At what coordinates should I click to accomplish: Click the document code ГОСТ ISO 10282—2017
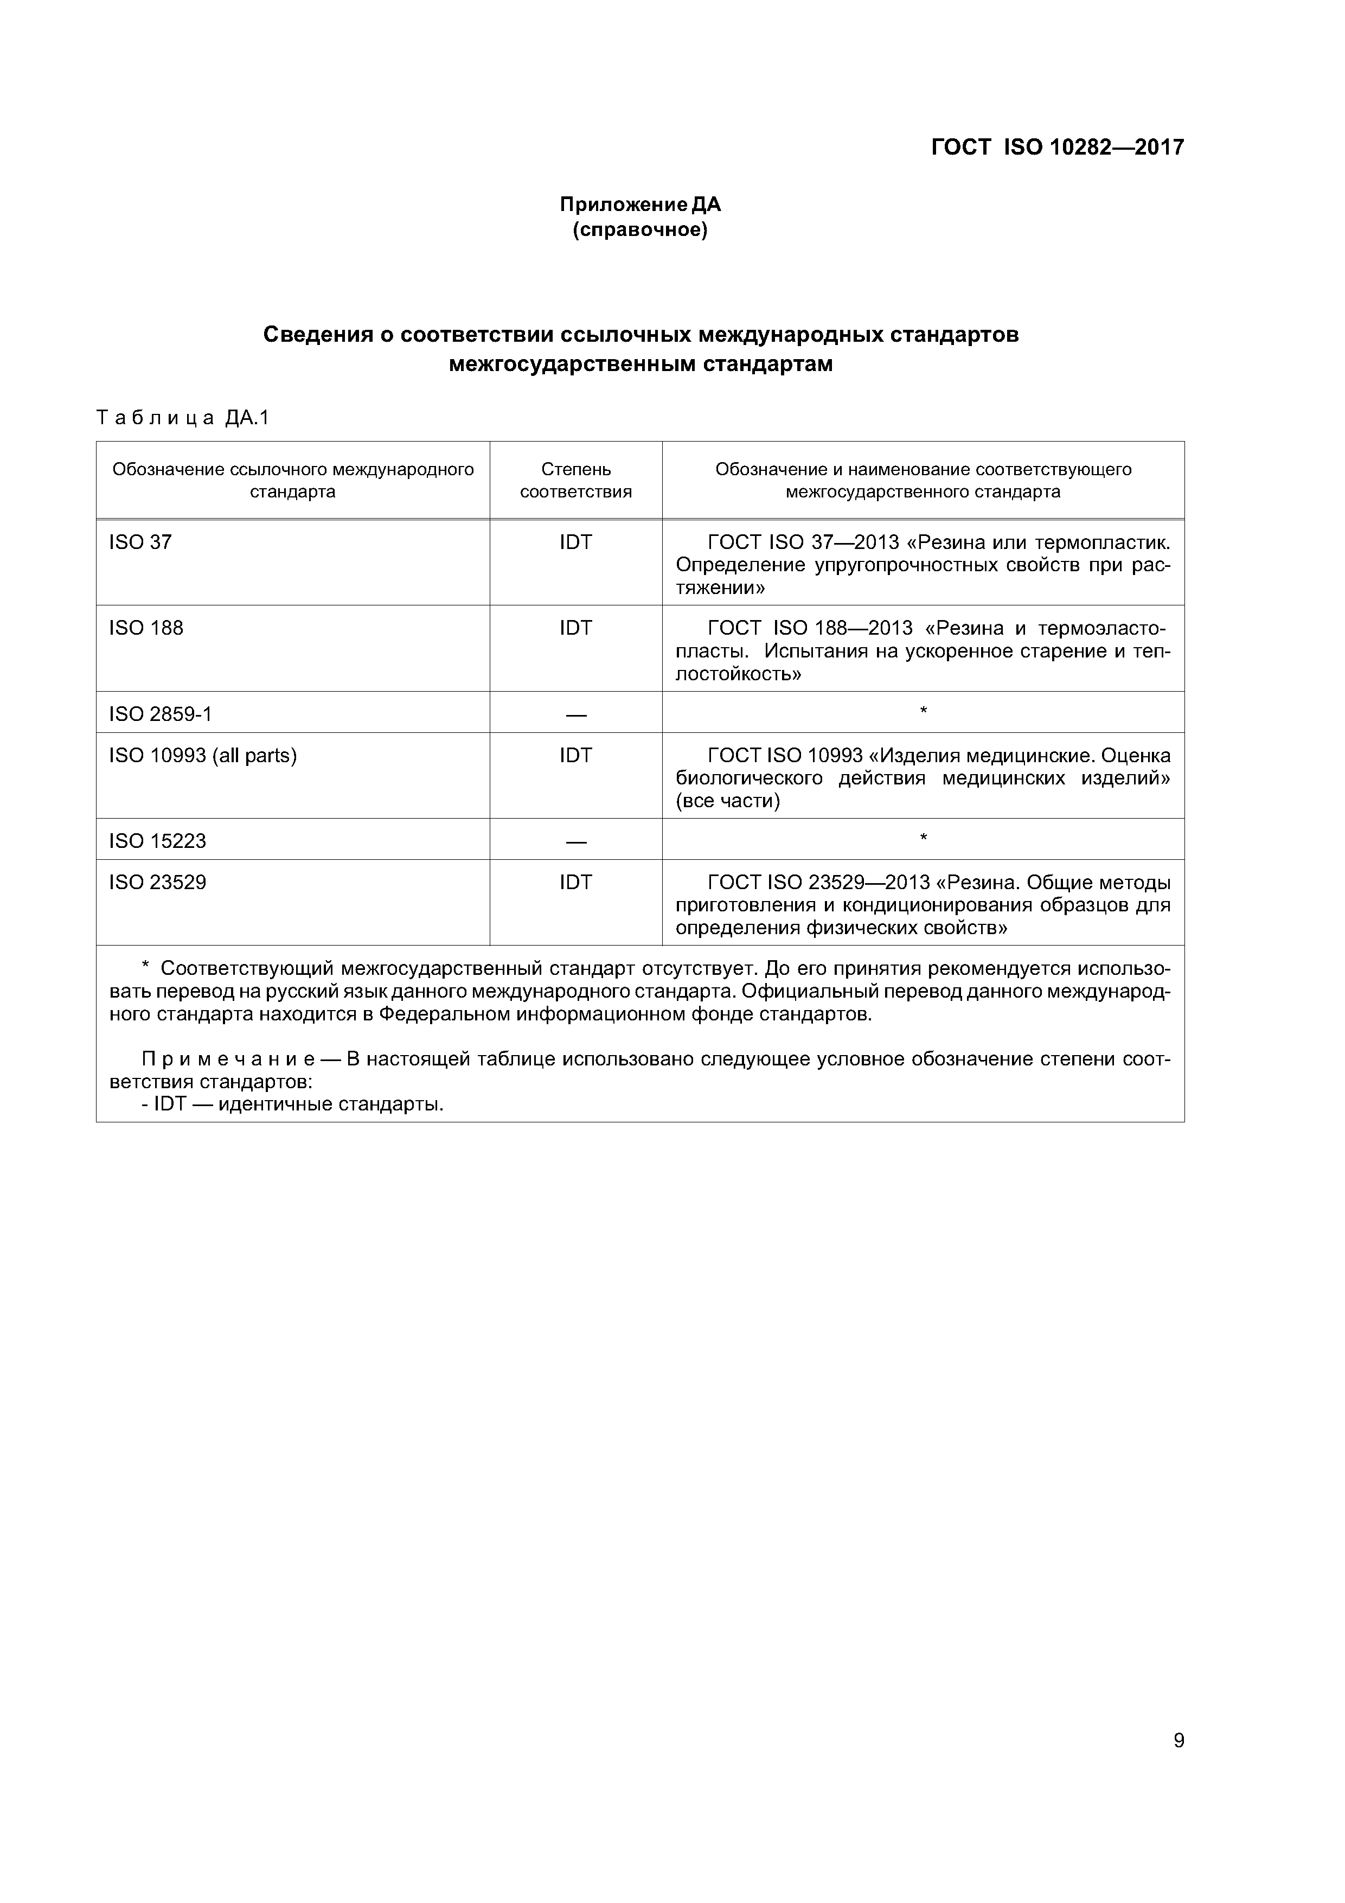coord(1058,148)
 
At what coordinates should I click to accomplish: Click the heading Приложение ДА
coord(640,204)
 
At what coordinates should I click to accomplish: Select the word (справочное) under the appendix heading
coord(640,229)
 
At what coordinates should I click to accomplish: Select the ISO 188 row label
coord(146,628)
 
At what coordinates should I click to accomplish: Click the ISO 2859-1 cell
coord(160,714)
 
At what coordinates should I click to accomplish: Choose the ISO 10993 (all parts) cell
coord(202,755)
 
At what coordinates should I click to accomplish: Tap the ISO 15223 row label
coord(157,841)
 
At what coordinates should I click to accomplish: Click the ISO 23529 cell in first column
coord(157,882)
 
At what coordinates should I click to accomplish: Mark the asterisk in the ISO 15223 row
coord(923,839)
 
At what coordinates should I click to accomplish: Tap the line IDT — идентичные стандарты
coord(292,1104)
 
